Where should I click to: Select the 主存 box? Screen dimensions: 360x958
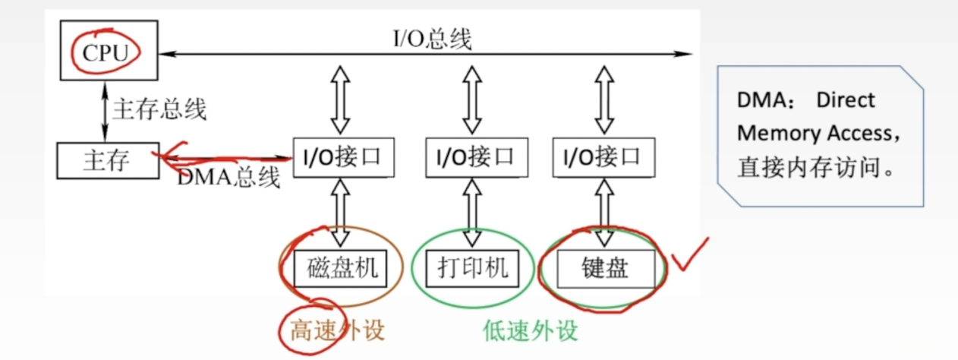[x=107, y=160]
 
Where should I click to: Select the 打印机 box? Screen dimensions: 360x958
[x=472, y=268]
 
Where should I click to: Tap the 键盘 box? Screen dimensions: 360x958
[x=605, y=268]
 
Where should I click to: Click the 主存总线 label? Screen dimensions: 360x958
[x=159, y=109]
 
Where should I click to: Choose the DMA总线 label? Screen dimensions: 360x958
[x=228, y=178]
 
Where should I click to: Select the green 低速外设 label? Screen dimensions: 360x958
[x=530, y=330]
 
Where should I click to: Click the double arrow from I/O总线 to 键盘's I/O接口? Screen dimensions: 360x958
[x=604, y=99]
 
